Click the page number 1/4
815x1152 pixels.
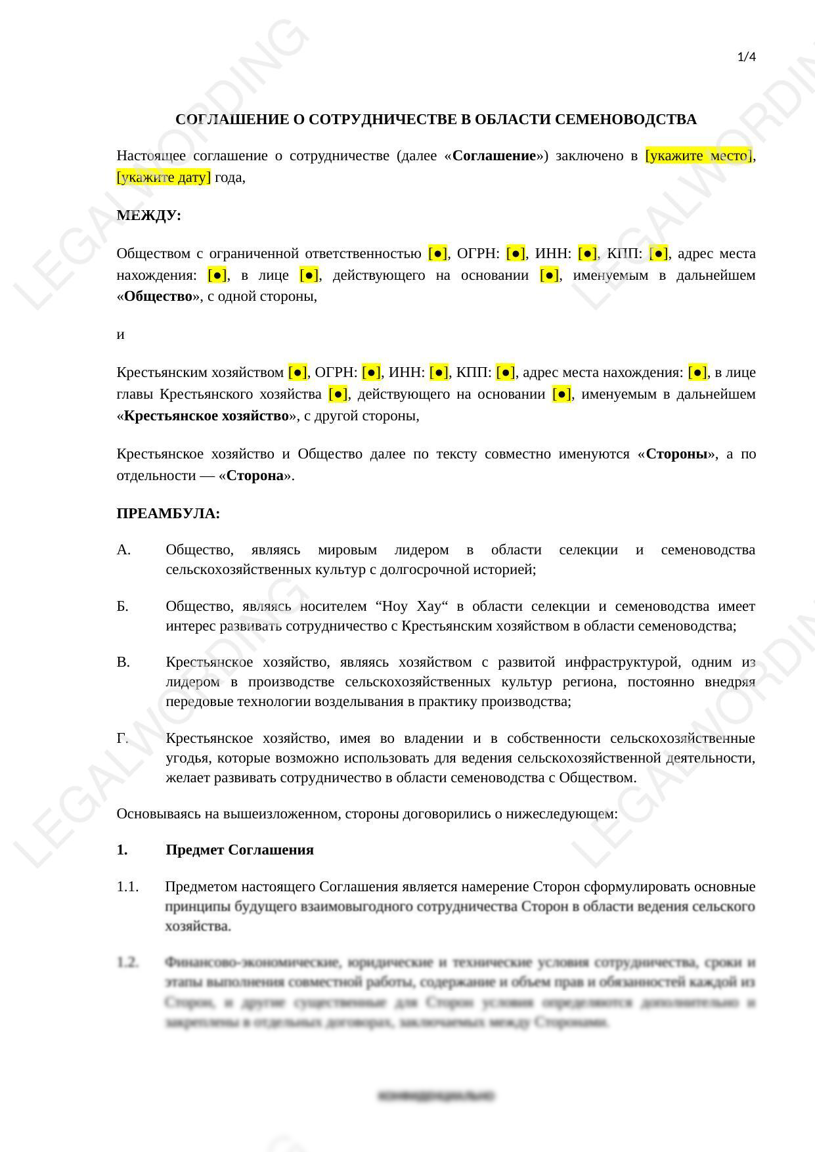[x=747, y=57]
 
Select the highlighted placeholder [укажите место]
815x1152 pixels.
[x=698, y=156]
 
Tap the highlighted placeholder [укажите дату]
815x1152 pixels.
[x=164, y=177]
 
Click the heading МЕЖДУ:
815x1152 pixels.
[x=148, y=215]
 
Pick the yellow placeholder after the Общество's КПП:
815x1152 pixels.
[x=658, y=254]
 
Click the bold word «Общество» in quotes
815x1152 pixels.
[x=158, y=296]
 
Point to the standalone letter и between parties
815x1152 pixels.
[x=120, y=334]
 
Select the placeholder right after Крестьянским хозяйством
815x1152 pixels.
[x=297, y=372]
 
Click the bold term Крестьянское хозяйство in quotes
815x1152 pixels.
[x=206, y=416]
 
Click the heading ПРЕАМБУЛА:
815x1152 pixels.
[x=168, y=514]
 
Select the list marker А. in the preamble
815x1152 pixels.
[x=123, y=550]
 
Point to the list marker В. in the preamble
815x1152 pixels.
[x=123, y=662]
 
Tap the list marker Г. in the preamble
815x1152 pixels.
[x=123, y=738]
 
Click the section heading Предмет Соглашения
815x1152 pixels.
[x=240, y=850]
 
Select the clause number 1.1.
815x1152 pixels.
[x=127, y=887]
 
